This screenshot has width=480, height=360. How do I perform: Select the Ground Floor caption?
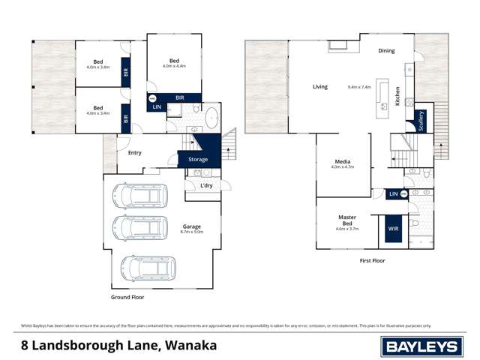tap(127, 297)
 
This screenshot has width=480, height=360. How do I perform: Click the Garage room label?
tap(191, 226)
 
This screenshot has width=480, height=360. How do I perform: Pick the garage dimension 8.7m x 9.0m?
tap(191, 232)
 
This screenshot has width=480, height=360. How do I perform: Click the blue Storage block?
tap(198, 159)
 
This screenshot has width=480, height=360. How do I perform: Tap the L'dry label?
tap(205, 185)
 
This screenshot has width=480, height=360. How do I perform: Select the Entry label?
tap(134, 153)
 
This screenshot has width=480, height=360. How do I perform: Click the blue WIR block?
tap(392, 228)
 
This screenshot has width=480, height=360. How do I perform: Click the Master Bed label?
tap(346, 220)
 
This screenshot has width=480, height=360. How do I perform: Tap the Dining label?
tap(386, 51)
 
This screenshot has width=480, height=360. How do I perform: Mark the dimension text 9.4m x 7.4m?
tap(360, 87)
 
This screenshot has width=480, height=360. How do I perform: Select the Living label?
tap(320, 87)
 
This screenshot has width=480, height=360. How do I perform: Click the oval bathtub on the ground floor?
tap(211, 117)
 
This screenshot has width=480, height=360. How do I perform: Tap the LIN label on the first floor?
tap(393, 194)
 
